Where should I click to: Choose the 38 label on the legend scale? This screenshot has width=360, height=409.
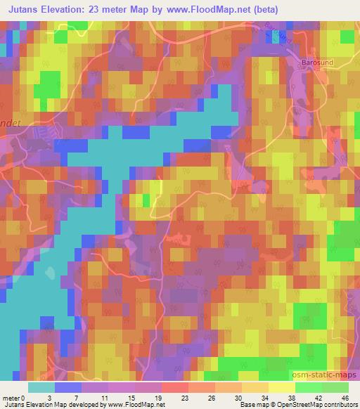coord(281,397)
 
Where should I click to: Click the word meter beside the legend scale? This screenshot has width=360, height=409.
coord(10,397)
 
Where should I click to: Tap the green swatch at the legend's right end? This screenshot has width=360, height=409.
coord(335,387)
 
